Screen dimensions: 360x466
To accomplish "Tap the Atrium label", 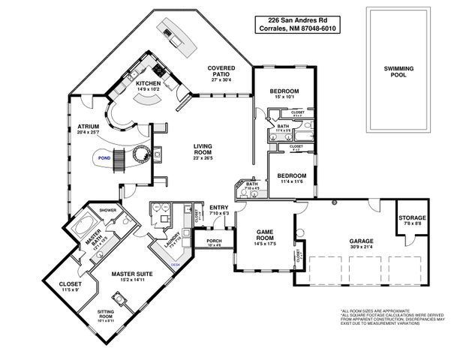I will (x=89, y=127).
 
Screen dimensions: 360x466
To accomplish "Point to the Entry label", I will (x=218, y=208).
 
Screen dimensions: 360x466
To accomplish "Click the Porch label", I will (x=214, y=240).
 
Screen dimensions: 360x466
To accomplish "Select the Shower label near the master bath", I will (x=107, y=211).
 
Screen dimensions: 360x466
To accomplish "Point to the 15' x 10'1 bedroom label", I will (x=284, y=92).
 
